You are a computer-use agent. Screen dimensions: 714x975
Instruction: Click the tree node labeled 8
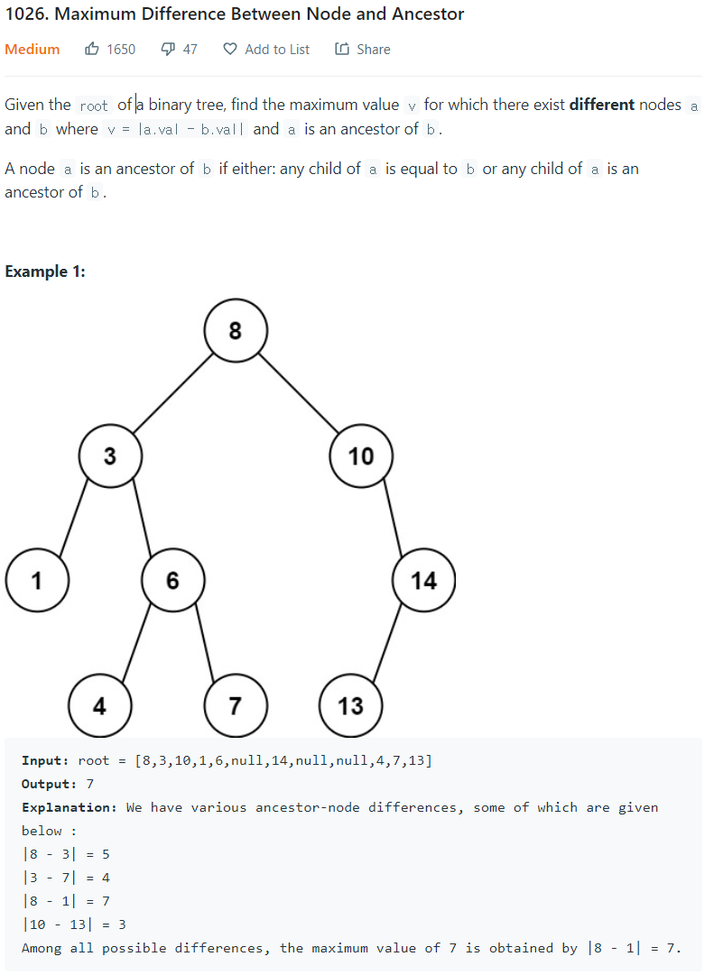pyautogui.click(x=236, y=331)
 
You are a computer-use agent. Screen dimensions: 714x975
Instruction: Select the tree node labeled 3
pyautogui.click(x=109, y=455)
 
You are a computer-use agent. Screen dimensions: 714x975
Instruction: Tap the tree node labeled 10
pyautogui.click(x=361, y=455)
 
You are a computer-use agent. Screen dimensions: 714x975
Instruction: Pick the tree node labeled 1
pyautogui.click(x=36, y=580)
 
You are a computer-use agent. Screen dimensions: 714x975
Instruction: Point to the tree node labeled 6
pyautogui.click(x=172, y=580)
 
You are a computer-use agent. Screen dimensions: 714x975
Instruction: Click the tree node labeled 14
pyautogui.click(x=424, y=580)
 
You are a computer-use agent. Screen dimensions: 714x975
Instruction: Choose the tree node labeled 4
pyautogui.click(x=100, y=705)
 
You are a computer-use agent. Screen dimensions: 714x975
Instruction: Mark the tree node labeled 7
pyautogui.click(x=235, y=705)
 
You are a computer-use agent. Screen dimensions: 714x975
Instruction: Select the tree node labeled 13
pyautogui.click(x=351, y=705)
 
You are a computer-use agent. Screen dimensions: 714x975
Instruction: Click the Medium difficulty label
pyautogui.click(x=32, y=50)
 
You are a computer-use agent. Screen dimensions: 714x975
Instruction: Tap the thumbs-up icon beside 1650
pyautogui.click(x=92, y=50)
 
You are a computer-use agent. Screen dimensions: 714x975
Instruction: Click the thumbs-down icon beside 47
pyautogui.click(x=168, y=50)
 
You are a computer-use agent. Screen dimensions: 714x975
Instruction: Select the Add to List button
pyautogui.click(x=267, y=50)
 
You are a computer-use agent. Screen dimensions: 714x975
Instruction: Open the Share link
pyautogui.click(x=363, y=50)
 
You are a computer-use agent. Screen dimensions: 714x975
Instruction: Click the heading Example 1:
pyautogui.click(x=45, y=271)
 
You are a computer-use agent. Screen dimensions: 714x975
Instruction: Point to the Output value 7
pyautogui.click(x=89, y=784)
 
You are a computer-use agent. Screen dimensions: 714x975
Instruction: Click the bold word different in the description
pyautogui.click(x=601, y=105)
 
